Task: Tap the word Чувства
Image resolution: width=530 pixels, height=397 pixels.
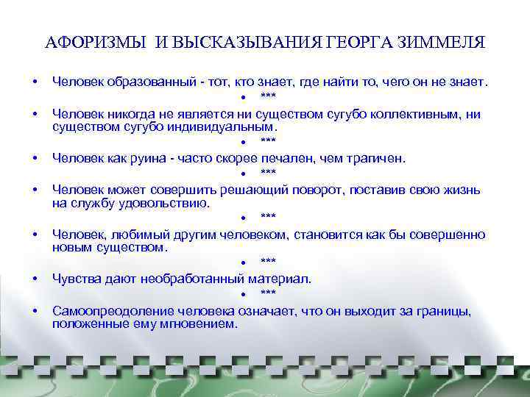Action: tap(77, 279)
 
